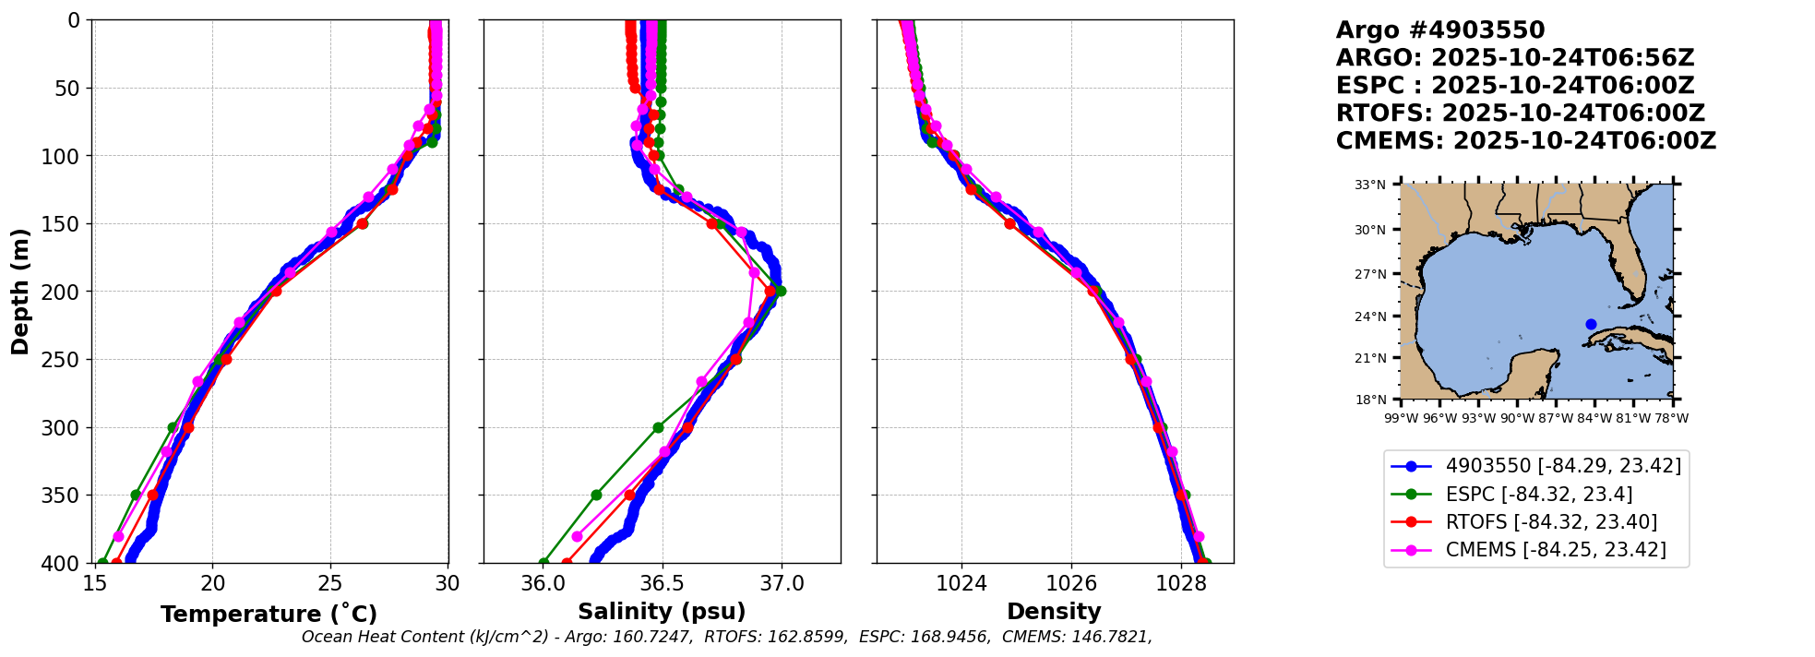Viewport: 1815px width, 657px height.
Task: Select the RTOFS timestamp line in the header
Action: click(x=1520, y=113)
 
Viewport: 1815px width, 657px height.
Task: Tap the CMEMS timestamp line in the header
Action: click(x=1525, y=141)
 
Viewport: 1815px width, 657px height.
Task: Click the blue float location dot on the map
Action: click(x=1591, y=324)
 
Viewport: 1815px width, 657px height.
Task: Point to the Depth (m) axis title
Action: click(x=19, y=291)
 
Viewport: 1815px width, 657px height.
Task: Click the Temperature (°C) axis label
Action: click(x=269, y=614)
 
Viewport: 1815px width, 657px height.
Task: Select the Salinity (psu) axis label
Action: click(x=662, y=612)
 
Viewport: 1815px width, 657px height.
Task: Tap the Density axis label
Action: click(x=1054, y=612)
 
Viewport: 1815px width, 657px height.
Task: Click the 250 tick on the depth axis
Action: click(x=66, y=360)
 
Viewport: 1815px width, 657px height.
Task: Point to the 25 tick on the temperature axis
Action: click(x=330, y=583)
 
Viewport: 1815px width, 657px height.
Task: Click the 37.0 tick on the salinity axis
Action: click(x=782, y=583)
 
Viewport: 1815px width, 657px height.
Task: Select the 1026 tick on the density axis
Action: click(x=1071, y=583)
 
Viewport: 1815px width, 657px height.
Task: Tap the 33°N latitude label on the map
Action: click(x=1369, y=185)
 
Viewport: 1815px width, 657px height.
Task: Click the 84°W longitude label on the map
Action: click(x=1594, y=418)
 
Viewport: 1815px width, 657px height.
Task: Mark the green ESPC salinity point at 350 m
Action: click(x=596, y=495)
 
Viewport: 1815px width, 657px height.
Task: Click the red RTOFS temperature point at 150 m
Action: click(x=363, y=223)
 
